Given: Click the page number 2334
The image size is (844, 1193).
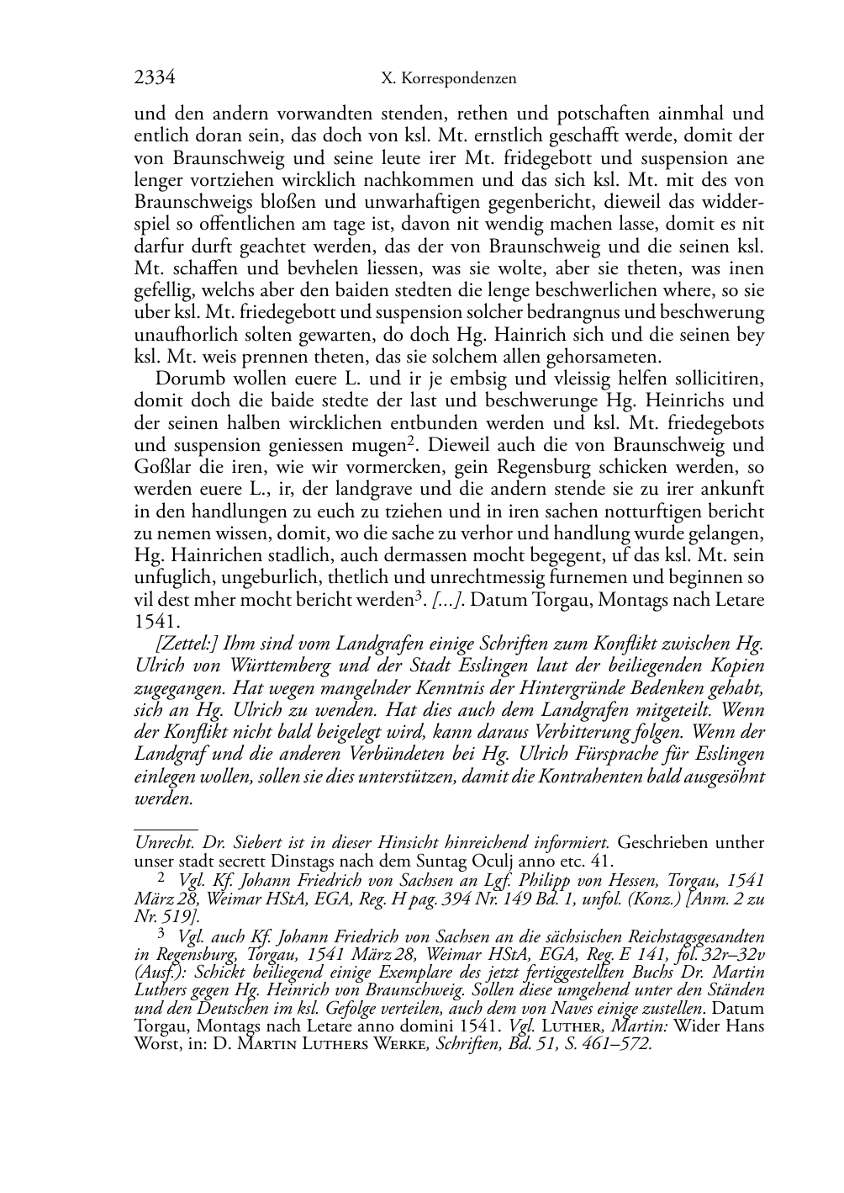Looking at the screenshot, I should pos(154,78).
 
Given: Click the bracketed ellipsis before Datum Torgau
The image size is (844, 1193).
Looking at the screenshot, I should pos(445,600).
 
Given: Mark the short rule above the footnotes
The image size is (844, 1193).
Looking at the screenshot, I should pos(166,829).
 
